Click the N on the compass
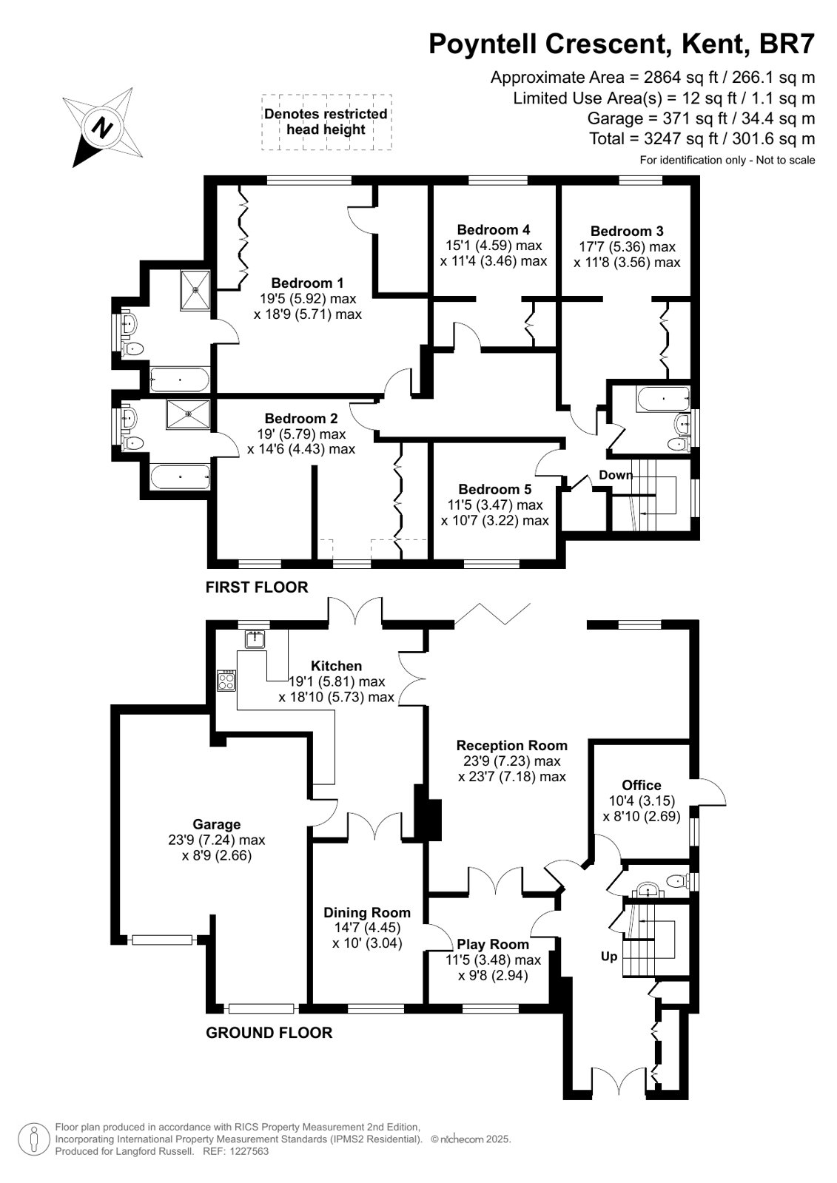[103, 127]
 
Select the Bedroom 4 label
[494, 230]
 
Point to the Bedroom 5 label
[495, 489]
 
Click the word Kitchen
[336, 666]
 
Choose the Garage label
[217, 824]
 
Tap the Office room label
[642, 785]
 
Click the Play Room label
[493, 944]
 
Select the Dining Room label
[367, 913]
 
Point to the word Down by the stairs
[616, 475]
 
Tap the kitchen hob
[226, 680]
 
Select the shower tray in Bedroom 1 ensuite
[195, 290]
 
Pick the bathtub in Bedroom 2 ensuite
[180, 477]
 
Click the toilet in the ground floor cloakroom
[676, 881]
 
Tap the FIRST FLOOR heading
[257, 587]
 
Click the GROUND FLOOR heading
[269, 1033]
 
